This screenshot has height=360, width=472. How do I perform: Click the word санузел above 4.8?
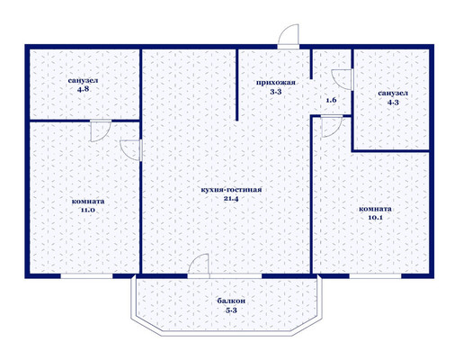coord(83,81)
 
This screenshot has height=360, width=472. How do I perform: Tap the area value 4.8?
coord(83,90)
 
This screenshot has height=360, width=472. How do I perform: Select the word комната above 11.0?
coord(87,200)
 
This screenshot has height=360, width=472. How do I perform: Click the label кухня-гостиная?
coord(231,190)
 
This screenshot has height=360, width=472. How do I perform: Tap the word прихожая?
coord(275,84)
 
